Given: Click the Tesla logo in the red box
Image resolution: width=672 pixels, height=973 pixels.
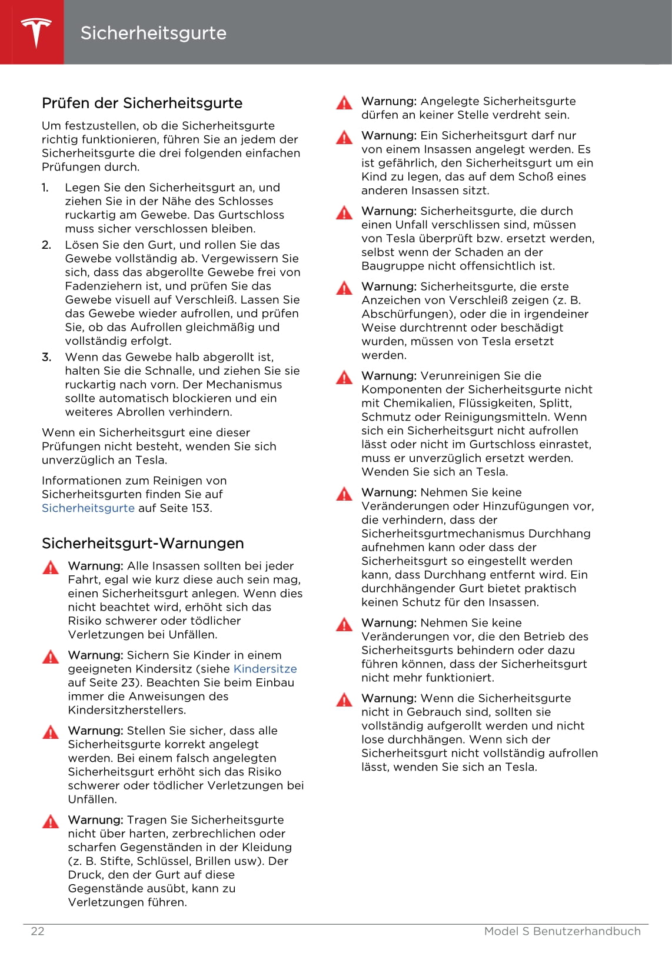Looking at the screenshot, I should (36, 32).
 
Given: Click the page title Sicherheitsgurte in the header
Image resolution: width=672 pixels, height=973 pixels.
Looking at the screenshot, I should (153, 33).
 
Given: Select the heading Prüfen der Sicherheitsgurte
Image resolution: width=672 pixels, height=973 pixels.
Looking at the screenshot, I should (142, 103).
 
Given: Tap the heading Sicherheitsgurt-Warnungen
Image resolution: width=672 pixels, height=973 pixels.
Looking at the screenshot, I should (142, 543).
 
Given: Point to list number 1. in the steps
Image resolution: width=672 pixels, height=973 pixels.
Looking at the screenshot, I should (45, 188).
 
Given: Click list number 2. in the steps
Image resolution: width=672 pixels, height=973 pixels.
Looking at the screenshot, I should (46, 245).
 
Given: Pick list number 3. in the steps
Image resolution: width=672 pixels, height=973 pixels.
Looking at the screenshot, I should (46, 357).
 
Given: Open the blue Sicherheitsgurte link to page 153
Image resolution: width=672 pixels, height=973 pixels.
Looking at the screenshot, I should (88, 508).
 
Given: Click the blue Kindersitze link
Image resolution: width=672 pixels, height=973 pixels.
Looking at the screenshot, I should (265, 669).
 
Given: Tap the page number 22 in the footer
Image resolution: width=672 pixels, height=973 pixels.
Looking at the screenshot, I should (37, 931).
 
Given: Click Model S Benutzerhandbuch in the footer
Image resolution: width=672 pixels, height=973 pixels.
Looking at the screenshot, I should (562, 931).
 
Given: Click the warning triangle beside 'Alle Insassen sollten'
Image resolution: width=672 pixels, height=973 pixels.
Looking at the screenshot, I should (51, 567).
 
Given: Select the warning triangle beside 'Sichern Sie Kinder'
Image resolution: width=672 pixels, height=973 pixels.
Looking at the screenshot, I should (51, 657).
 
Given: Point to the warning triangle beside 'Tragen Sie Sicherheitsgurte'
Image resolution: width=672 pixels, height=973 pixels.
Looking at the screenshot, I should (51, 821).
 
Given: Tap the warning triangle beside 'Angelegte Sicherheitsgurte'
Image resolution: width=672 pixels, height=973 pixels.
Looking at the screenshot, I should (344, 103).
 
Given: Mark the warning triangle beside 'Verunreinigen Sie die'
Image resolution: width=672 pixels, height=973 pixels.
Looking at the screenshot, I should (344, 377).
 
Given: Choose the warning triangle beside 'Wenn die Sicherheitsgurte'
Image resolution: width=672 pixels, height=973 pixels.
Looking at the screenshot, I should (344, 699).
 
